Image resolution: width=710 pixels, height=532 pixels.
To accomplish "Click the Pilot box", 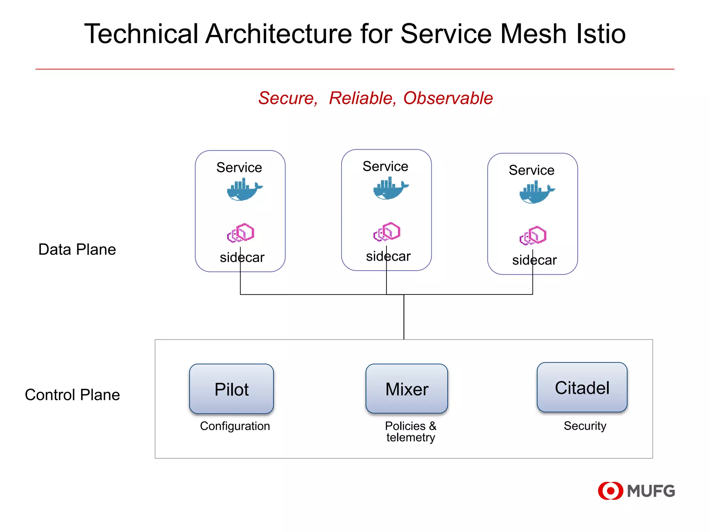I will click(232, 389).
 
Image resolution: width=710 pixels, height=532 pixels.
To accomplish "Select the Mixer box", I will click(407, 389).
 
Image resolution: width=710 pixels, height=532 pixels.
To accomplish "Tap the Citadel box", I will click(582, 388).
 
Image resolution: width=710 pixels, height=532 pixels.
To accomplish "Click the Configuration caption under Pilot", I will click(235, 426).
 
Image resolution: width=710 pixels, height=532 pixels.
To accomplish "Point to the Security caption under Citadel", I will click(585, 426).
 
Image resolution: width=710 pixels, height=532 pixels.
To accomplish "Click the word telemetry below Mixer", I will click(410, 438).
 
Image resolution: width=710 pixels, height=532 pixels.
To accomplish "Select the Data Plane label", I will click(77, 249).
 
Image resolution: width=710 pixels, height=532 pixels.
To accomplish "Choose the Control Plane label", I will click(72, 395).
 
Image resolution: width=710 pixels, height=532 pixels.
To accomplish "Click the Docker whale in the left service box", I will click(244, 190).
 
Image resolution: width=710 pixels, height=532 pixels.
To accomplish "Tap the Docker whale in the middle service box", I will click(390, 189).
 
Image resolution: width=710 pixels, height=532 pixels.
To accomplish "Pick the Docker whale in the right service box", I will click(537, 193).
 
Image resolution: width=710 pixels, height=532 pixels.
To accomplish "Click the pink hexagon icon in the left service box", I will click(241, 233).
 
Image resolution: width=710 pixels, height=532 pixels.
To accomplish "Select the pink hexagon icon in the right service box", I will click(533, 236).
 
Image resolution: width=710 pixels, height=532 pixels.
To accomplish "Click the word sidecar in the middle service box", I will click(388, 257).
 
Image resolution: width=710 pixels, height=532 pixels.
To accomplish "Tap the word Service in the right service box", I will click(531, 170).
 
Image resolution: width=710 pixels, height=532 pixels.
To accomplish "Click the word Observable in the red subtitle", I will click(448, 98).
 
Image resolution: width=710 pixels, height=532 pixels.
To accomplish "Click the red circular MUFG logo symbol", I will click(610, 491).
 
